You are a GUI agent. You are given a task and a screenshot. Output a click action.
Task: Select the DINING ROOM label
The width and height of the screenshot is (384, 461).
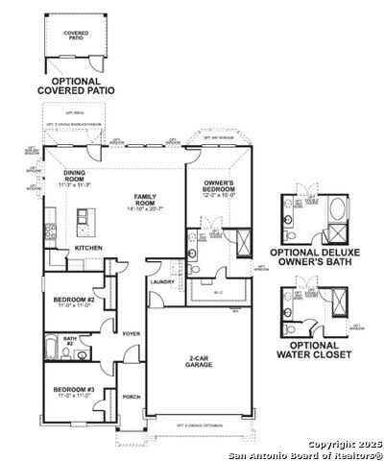click(74, 175)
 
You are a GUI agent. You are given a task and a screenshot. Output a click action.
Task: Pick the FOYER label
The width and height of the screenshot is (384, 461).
click(131, 334)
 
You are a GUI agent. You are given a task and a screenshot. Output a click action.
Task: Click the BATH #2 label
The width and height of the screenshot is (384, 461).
click(70, 340)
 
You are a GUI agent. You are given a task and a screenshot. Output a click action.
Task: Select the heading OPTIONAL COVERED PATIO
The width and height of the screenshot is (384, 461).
click(75, 85)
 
